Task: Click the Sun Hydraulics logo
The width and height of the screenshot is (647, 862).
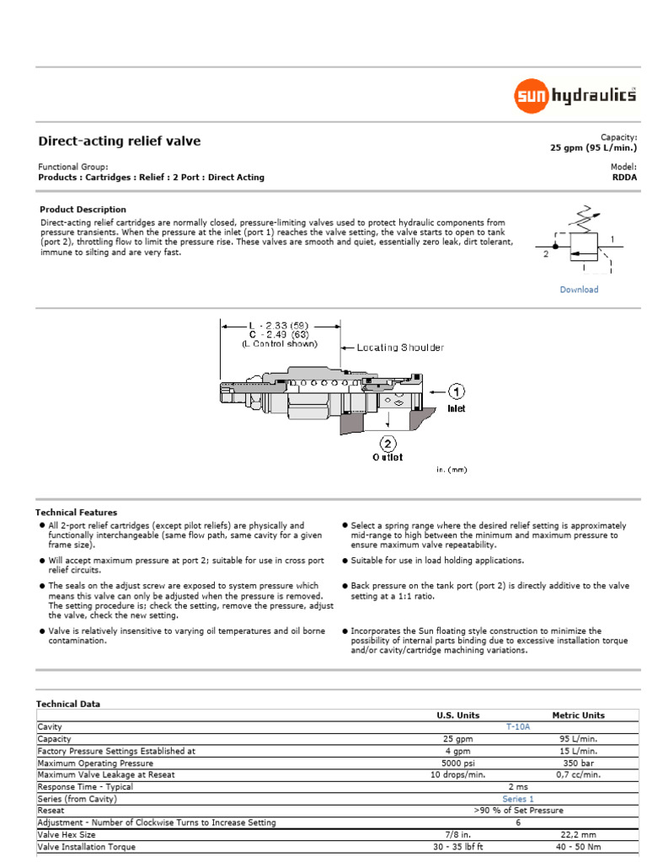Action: coord(575,96)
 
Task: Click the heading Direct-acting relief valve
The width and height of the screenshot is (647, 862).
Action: coord(120,141)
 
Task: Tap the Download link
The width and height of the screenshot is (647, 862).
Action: coord(579,290)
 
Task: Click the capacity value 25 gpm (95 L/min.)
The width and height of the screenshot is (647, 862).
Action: coord(593,147)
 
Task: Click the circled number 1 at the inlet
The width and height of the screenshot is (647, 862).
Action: coord(456,392)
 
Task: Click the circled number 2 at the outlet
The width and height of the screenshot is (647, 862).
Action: coord(388,443)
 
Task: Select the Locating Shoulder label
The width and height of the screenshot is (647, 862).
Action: coord(399,348)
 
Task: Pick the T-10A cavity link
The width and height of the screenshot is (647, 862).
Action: coord(517,726)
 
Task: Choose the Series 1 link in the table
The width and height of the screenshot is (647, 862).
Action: coord(518,799)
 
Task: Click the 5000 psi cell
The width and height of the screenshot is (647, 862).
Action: coord(457,763)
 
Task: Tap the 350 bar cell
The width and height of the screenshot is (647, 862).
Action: coord(578,763)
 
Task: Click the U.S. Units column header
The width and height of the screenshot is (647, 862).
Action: coord(457,716)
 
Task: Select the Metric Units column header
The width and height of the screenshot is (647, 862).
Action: coord(578,716)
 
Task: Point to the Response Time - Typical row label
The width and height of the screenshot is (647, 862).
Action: coord(85,787)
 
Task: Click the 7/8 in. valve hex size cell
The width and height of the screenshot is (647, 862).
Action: coord(457,835)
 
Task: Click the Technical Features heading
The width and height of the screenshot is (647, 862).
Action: coord(77,513)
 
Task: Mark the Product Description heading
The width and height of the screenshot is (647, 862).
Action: coord(83,210)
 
